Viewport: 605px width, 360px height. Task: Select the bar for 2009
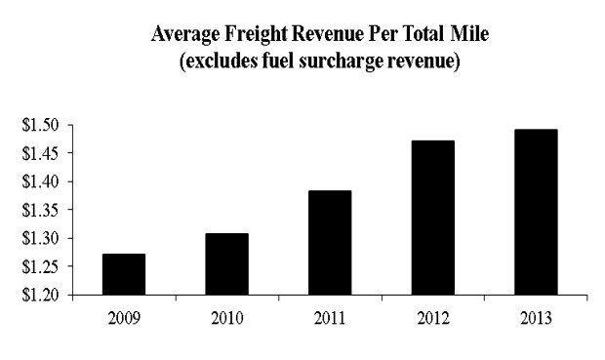[124, 274]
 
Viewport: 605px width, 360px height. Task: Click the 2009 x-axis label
[124, 318]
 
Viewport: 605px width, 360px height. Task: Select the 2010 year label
[226, 318]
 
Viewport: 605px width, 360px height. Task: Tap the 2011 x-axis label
[330, 318]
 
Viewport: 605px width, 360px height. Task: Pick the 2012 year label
[432, 318]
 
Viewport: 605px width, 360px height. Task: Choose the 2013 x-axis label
[536, 318]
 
